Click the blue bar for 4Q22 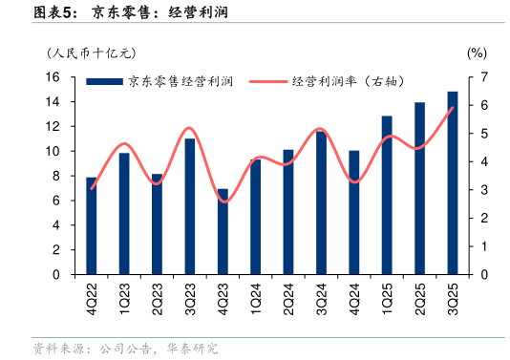(91, 225)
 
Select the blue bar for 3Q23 (189, 206)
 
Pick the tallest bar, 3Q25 (452, 182)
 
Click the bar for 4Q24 (353, 212)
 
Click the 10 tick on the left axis (53, 151)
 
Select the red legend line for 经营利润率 (266, 82)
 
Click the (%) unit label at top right (477, 53)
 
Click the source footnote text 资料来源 (59, 349)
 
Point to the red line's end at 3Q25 (452, 107)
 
